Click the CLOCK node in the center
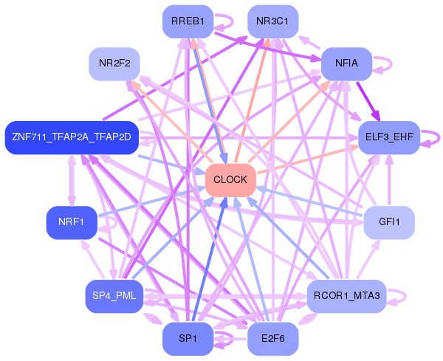tap(230, 180)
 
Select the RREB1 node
tap(188, 21)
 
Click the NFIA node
tap(346, 63)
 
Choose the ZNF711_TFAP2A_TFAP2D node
tap(72, 137)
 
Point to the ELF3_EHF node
tap(389, 137)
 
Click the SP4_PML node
tap(114, 296)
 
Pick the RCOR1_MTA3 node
tap(346, 296)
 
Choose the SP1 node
tap(188, 338)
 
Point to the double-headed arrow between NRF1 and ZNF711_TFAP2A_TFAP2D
tap(72, 180)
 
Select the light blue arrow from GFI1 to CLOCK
tap(310, 202)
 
